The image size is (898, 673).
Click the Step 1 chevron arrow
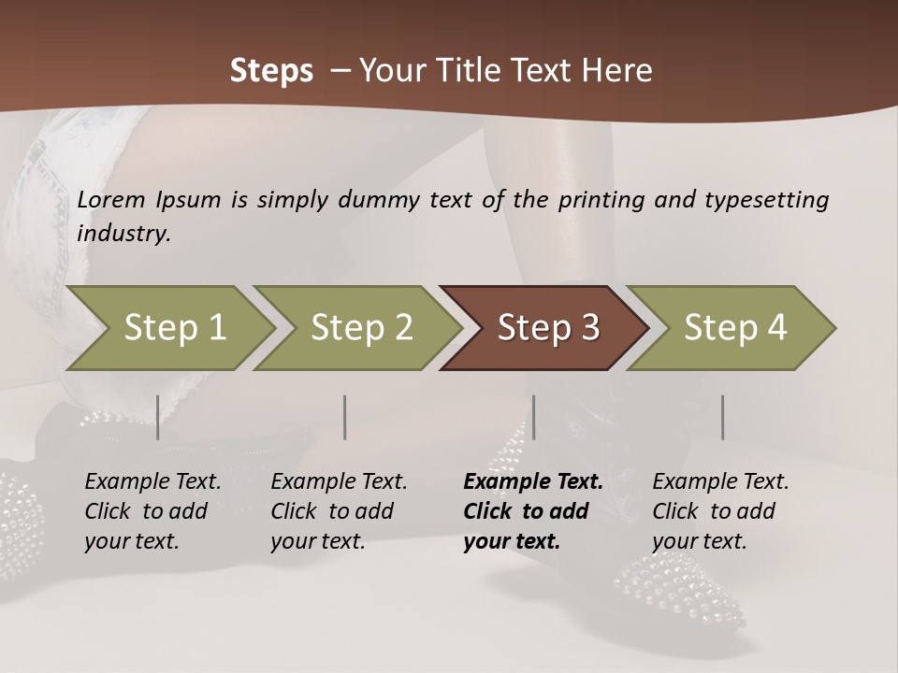[174, 328]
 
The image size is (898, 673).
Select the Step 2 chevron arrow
[361, 328]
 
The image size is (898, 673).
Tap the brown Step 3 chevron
[547, 328]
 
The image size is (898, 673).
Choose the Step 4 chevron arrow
[734, 328]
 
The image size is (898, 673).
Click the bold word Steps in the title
[271, 71]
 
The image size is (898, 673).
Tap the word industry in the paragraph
[123, 234]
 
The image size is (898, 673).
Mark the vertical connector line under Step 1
[157, 417]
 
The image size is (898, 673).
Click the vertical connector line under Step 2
[345, 417]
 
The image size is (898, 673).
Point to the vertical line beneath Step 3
[533, 417]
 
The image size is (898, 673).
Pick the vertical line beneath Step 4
[722, 417]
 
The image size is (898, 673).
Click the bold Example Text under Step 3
[533, 482]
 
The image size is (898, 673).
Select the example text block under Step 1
[152, 511]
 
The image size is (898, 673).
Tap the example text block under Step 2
[339, 511]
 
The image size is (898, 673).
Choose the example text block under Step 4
[720, 511]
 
